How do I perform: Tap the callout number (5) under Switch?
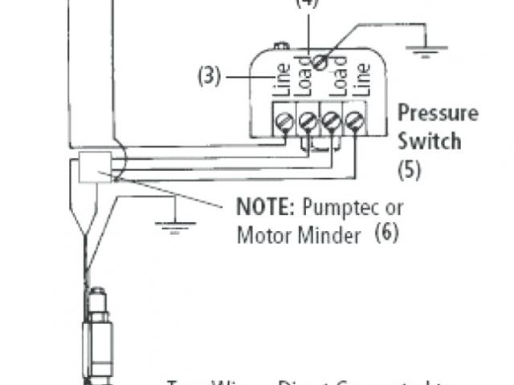point(410,170)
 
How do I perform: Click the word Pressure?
point(438,112)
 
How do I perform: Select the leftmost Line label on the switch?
point(281,80)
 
